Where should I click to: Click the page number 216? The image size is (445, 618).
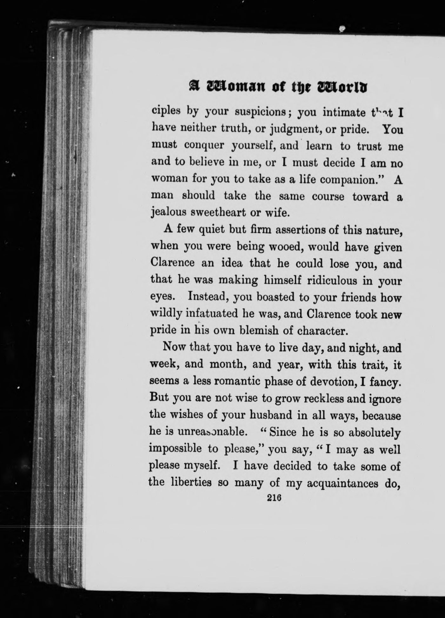pyautogui.click(x=275, y=498)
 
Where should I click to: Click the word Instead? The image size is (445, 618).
pyautogui.click(x=209, y=297)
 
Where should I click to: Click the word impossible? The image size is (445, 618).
pyautogui.click(x=175, y=449)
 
